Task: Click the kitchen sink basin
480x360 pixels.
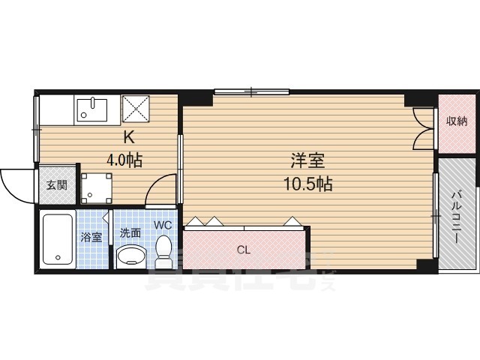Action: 93,111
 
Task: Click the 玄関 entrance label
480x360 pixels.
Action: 58,184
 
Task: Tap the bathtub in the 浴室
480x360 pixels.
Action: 57,239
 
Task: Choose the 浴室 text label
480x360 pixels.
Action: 91,238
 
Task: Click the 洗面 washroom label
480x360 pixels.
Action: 130,232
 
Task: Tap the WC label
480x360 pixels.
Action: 163,224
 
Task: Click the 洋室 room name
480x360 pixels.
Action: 307,160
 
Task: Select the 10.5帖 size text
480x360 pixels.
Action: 307,183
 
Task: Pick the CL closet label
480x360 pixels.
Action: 243,250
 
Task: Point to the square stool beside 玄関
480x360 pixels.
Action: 97,189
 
